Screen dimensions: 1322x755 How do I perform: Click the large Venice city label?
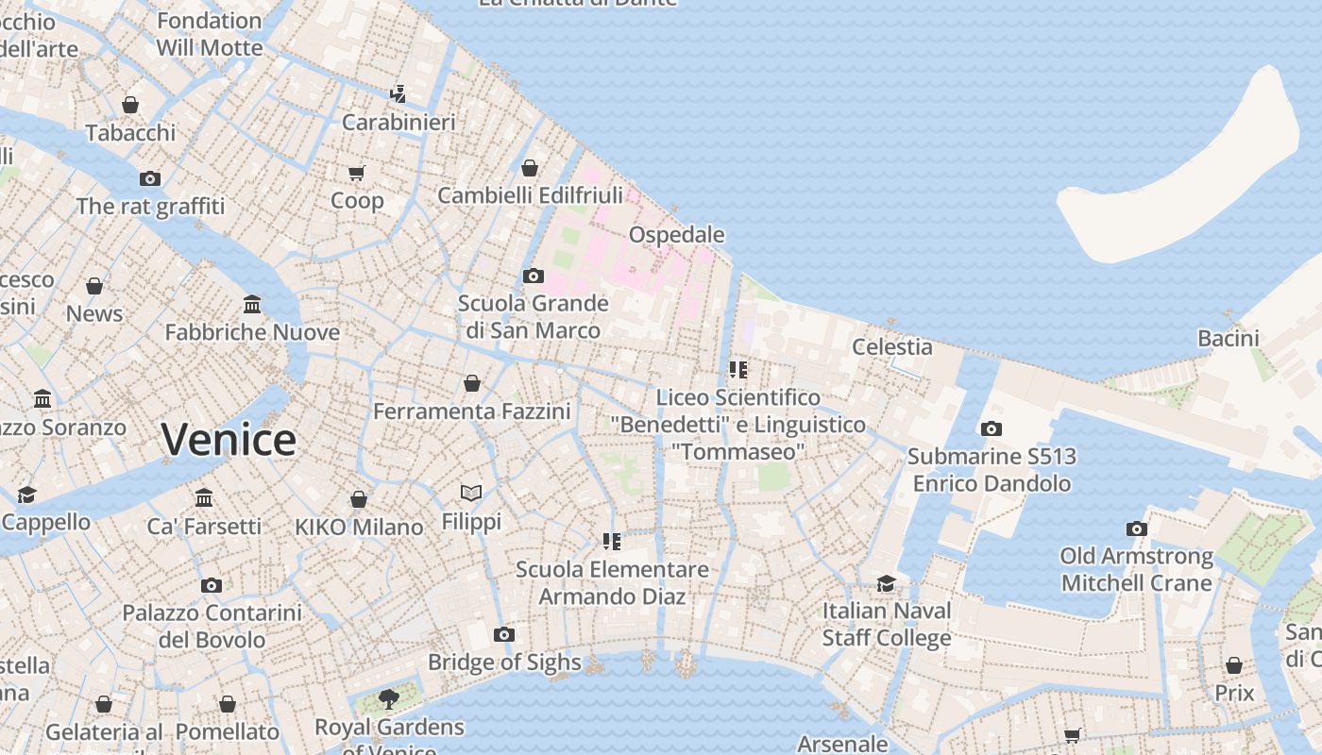pos(229,440)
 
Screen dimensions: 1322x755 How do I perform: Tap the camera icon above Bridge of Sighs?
pos(504,634)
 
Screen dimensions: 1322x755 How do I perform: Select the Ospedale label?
pos(676,234)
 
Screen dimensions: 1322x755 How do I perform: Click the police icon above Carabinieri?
pos(398,93)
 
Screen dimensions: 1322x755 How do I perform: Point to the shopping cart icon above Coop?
pos(357,173)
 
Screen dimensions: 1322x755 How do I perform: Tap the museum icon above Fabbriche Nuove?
pos(252,304)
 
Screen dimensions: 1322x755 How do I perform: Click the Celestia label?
pos(891,346)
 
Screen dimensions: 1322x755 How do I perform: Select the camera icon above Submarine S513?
pos(991,428)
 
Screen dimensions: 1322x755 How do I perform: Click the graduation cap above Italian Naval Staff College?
pos(886,583)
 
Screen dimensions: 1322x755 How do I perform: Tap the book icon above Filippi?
pos(471,493)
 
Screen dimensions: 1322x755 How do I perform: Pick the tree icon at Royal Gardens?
pos(388,698)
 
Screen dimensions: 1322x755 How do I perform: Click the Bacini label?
pos(1228,338)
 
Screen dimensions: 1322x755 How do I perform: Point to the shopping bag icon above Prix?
pos(1233,665)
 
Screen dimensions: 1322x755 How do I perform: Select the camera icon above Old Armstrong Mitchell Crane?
pos(1137,528)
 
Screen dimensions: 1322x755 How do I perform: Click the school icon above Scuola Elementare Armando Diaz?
pos(612,541)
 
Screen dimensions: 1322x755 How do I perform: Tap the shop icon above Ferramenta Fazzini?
pos(471,383)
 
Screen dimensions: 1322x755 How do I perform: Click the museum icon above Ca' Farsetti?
pos(204,497)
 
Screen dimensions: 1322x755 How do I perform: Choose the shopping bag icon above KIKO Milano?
pos(359,498)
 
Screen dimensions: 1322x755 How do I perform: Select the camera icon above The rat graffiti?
pos(150,178)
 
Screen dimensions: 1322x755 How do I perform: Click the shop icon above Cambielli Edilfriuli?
pos(530,168)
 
